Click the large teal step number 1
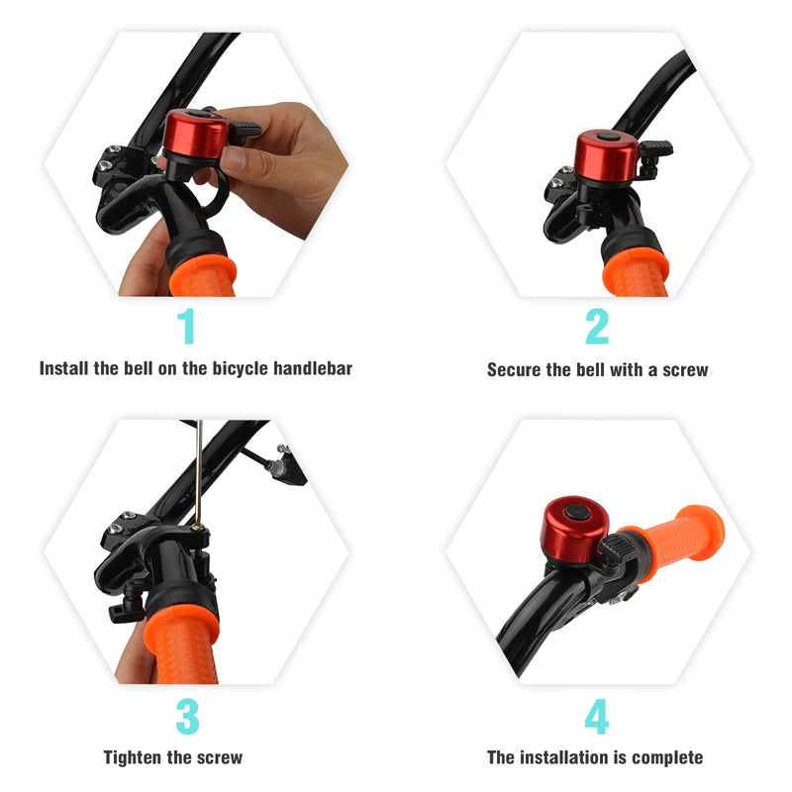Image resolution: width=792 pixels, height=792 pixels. [x=187, y=326]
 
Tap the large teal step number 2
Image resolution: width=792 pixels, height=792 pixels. [x=597, y=326]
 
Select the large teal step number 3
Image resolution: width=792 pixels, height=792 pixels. [x=187, y=716]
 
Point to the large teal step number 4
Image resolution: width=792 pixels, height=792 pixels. [x=597, y=716]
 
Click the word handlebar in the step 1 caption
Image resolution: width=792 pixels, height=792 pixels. [x=313, y=368]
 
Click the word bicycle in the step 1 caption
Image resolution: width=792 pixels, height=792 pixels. [x=240, y=368]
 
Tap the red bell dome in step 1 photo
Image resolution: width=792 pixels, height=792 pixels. [x=195, y=134]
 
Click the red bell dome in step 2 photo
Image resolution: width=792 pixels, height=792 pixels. [x=607, y=154]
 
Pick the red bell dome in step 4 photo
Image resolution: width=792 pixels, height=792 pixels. [x=574, y=528]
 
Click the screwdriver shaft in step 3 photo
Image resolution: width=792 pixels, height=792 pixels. [x=199, y=472]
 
